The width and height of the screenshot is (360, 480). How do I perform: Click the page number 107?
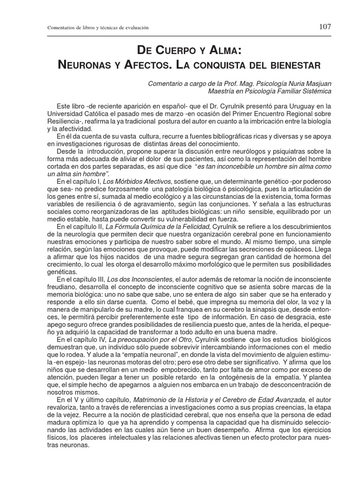325,27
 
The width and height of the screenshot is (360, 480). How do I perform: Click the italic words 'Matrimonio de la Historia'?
174,399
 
